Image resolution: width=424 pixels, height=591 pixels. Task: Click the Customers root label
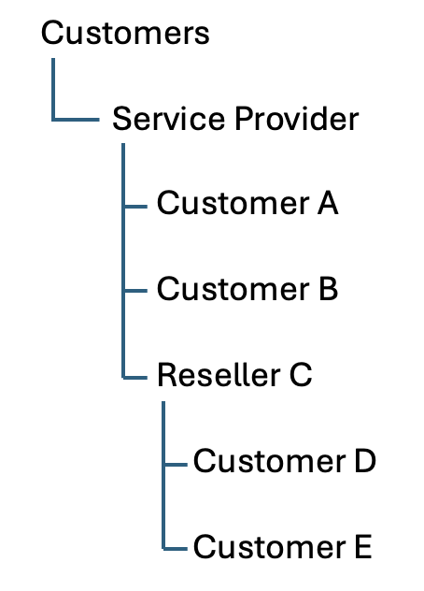pyautogui.click(x=125, y=34)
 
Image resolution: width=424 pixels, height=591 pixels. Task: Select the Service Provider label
pyautogui.click(x=235, y=120)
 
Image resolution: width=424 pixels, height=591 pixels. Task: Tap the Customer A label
pyautogui.click(x=247, y=203)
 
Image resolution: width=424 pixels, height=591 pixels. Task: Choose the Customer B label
pyautogui.click(x=247, y=289)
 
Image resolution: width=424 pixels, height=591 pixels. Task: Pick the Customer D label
pyautogui.click(x=284, y=461)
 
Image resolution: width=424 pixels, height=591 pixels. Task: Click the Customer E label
pyautogui.click(x=282, y=546)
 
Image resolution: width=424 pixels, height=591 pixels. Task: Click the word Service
pyautogui.click(x=168, y=120)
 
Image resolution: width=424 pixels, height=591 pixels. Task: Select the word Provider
pyautogui.click(x=296, y=120)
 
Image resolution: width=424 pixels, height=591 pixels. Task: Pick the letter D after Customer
pyautogui.click(x=363, y=461)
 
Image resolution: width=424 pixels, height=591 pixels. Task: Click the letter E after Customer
pyautogui.click(x=361, y=546)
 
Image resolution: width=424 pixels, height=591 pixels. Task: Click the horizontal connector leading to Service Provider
pyautogui.click(x=77, y=120)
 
